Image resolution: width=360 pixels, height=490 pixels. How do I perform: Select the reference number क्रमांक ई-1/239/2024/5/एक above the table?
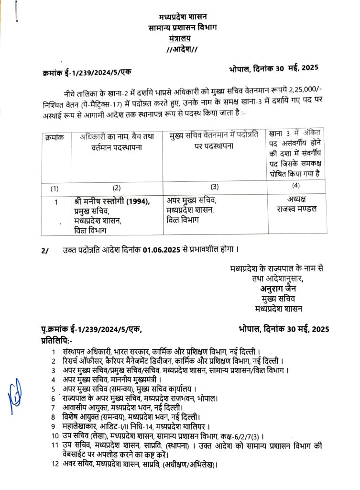pos(86,72)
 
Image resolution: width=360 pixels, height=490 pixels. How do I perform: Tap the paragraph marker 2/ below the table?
pos(45,250)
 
